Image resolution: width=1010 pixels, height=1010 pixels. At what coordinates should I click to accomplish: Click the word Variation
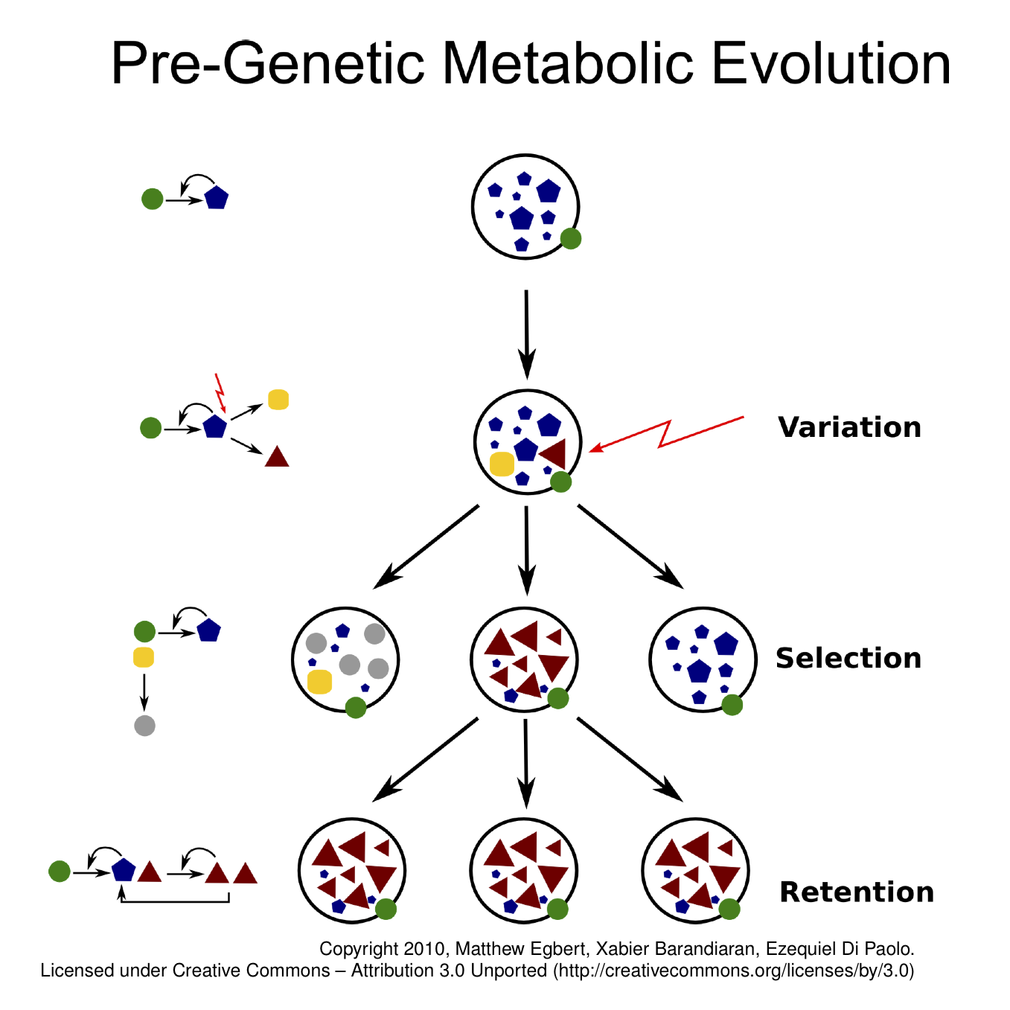(848, 427)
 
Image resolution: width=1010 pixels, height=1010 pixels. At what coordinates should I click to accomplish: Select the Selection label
(848, 658)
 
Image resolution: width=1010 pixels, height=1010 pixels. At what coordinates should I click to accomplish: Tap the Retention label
(857, 892)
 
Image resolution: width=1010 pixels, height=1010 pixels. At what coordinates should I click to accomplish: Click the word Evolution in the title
(831, 63)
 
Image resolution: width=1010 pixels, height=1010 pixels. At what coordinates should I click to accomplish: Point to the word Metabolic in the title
(569, 63)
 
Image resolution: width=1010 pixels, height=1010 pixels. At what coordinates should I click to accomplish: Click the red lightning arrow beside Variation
(666, 434)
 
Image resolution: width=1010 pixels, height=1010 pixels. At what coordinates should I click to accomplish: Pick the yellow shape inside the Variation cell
(502, 464)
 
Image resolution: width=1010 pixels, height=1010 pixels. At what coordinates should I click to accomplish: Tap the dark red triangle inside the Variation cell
(554, 453)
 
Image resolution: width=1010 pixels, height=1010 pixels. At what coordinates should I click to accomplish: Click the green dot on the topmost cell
(571, 239)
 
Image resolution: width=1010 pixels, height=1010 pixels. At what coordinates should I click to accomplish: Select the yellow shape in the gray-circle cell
(319, 681)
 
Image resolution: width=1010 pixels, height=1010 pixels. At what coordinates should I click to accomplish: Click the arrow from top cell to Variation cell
(527, 334)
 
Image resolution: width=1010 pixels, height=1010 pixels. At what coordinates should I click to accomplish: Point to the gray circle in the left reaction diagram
(144, 726)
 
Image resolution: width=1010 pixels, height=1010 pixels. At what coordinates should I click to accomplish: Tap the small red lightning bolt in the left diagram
(220, 392)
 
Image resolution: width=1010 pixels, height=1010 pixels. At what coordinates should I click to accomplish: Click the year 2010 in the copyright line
(424, 949)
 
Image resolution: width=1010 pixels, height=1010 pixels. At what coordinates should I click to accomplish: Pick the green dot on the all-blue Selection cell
(732, 705)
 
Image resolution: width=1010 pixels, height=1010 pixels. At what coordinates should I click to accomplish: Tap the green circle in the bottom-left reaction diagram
(60, 871)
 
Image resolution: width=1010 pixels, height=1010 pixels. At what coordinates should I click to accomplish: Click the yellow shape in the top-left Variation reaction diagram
(278, 400)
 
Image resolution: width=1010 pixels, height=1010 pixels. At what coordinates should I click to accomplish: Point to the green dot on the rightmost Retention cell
(729, 909)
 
